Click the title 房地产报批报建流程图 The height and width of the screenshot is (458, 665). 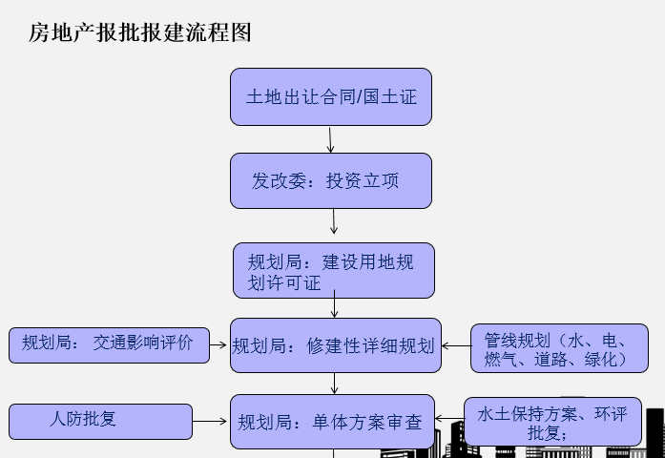(139, 33)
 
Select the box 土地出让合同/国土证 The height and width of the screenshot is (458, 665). (331, 96)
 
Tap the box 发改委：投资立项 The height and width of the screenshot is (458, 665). (331, 180)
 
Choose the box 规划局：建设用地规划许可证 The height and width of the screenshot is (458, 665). (334, 270)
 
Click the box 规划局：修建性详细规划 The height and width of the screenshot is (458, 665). (335, 344)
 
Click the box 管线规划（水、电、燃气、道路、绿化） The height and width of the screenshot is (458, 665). (559, 348)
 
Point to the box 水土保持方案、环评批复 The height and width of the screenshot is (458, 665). (552, 422)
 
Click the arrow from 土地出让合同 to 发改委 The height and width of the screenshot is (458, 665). (330, 139)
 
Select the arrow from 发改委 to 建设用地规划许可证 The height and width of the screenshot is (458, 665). (334, 221)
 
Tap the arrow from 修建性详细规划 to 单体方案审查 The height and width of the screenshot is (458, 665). (335, 383)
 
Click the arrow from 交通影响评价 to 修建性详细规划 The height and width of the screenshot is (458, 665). (220, 344)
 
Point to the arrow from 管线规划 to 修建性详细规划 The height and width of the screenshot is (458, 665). (456, 345)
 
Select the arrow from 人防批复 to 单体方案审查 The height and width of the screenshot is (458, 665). (211, 420)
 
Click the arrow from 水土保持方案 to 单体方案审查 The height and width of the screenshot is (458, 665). (449, 419)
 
